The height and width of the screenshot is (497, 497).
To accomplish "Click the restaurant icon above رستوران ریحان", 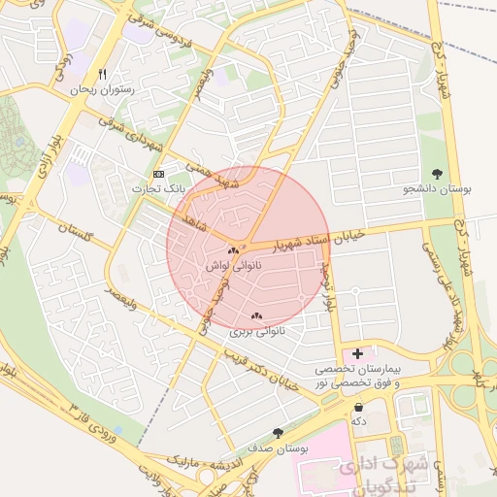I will [x=102, y=75].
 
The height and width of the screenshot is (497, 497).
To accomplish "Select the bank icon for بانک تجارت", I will [x=159, y=173].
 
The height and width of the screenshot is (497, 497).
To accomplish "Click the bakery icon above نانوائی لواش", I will [x=233, y=250].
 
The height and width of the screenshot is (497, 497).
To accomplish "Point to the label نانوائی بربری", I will [x=255, y=331].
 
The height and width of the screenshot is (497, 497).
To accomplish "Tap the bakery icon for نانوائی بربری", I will [x=256, y=315].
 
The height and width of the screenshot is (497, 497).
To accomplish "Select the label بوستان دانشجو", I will [x=437, y=189].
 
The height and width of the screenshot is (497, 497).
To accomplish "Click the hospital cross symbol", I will [x=358, y=355].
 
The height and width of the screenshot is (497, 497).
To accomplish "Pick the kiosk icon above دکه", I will [x=360, y=407].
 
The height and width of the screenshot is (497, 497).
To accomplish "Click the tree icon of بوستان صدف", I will [x=279, y=433].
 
